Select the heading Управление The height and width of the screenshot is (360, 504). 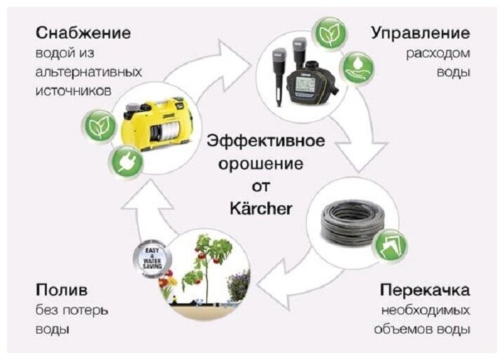click(420, 33)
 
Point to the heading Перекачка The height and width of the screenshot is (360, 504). click(425, 289)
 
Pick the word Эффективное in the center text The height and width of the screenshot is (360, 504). click(265, 141)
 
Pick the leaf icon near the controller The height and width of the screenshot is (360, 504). click(327, 34)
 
